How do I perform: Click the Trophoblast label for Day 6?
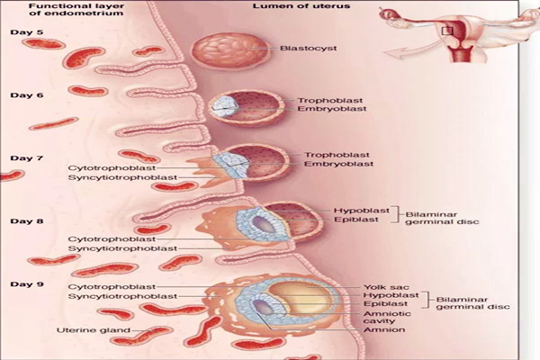tap(322, 99)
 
